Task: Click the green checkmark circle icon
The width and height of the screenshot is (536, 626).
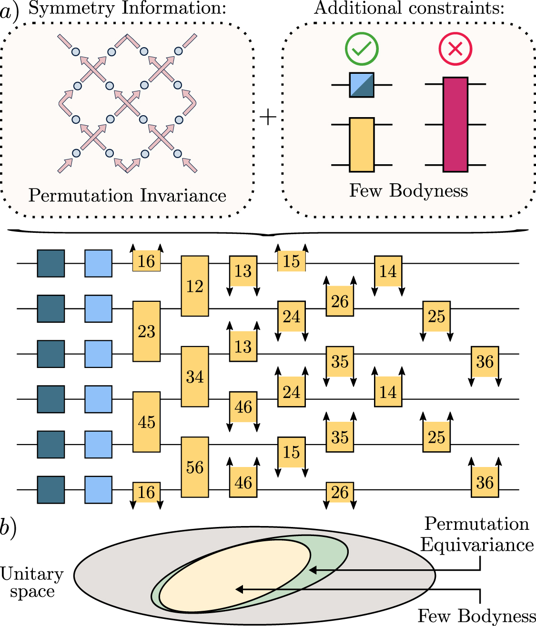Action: click(362, 49)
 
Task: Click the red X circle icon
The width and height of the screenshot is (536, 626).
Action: click(455, 49)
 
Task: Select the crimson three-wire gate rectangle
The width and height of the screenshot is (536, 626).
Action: click(455, 124)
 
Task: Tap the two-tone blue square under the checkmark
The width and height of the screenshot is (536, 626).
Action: click(362, 85)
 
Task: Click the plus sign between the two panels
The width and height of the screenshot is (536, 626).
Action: click(268, 117)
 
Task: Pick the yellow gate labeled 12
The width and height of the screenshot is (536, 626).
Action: click(195, 286)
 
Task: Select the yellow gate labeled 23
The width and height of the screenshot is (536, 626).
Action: click(146, 331)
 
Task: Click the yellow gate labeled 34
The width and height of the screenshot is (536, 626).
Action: click(195, 377)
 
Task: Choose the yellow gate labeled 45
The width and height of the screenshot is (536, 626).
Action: click(146, 422)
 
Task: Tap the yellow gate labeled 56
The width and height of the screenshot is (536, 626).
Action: click(195, 467)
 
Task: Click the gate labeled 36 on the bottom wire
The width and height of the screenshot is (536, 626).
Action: click(485, 483)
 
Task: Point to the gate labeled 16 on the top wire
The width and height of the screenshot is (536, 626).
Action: click(146, 261)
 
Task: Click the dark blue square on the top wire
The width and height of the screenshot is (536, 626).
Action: click(51, 263)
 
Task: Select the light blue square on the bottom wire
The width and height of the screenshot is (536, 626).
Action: click(99, 490)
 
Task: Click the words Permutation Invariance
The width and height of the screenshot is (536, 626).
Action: click(127, 196)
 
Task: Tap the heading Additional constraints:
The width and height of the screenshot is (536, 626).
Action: click(409, 8)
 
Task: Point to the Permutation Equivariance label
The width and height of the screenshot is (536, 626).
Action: click(477, 534)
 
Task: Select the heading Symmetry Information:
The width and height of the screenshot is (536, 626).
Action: click(127, 8)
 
